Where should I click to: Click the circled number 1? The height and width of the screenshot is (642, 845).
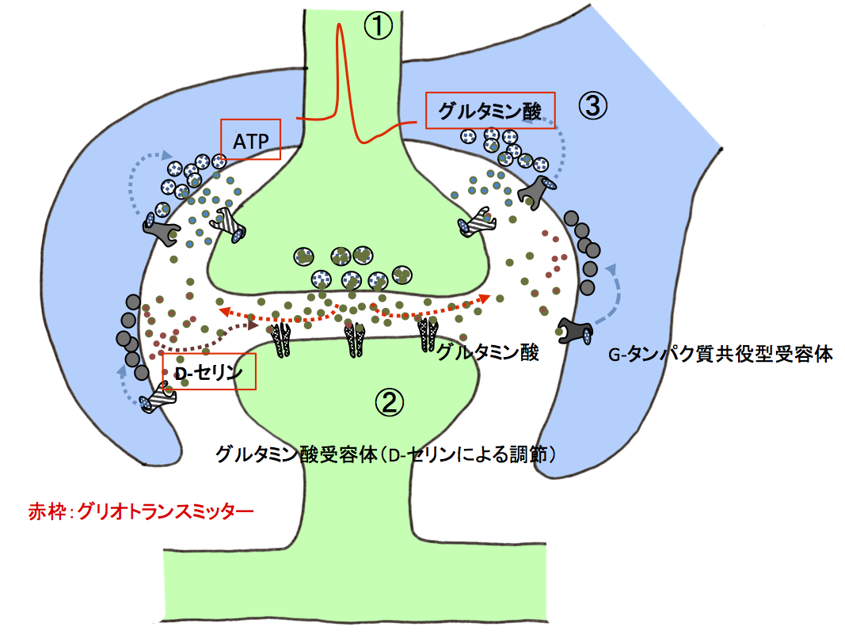(379, 27)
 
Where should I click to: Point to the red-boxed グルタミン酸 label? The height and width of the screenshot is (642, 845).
(490, 111)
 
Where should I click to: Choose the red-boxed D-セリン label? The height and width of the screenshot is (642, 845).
(209, 370)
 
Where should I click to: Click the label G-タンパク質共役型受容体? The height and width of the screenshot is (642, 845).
(721, 354)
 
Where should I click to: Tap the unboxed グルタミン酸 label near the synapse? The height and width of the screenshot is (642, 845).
(489, 352)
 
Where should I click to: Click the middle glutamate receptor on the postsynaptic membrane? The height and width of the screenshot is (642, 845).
(354, 340)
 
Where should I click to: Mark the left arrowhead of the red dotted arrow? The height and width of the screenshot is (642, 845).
(224, 310)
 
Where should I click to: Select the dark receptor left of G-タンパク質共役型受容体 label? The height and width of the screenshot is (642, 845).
(576, 330)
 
